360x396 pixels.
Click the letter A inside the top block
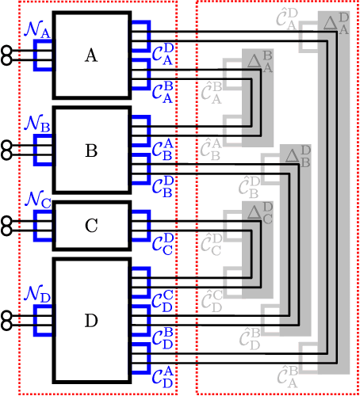click(91, 55)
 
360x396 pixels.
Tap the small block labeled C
click(91, 226)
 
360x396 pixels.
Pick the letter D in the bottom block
click(91, 322)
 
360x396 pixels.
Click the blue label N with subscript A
click(37, 31)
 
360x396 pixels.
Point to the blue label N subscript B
click(37, 124)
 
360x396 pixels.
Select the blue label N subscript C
click(37, 201)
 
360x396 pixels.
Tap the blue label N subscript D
click(37, 295)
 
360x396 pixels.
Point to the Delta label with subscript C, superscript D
click(259, 214)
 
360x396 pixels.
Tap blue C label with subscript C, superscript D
click(163, 242)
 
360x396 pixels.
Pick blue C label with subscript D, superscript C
click(163, 302)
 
